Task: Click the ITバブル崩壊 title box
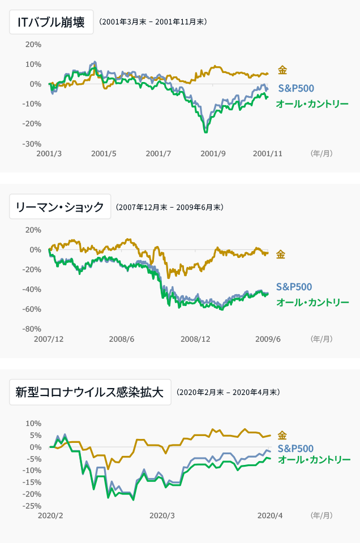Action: click(52, 22)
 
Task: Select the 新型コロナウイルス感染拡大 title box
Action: click(90, 392)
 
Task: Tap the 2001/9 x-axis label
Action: click(213, 153)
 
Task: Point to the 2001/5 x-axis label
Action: click(104, 153)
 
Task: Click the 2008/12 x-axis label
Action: click(195, 339)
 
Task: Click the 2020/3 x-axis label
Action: click(162, 515)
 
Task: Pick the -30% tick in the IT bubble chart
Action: click(32, 144)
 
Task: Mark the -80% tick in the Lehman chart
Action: click(32, 329)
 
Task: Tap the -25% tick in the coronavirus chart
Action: click(32, 506)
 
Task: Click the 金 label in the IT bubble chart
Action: click(282, 70)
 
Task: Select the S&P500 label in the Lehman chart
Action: click(294, 287)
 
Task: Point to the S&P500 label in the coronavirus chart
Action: click(295, 448)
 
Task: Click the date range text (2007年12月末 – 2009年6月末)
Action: click(170, 208)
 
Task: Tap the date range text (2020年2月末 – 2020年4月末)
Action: click(228, 392)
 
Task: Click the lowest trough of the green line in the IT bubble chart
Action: click(205, 132)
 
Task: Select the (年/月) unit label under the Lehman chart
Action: click(322, 339)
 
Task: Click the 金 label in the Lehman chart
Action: click(281, 255)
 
